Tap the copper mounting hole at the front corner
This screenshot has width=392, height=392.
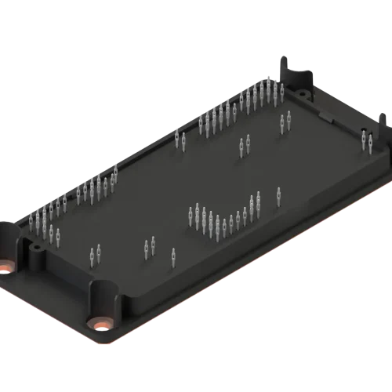pyautogui.click(x=101, y=322)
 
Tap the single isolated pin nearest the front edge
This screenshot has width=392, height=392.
pyautogui.click(x=173, y=256)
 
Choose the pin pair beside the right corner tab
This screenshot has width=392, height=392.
pyautogui.click(x=366, y=140)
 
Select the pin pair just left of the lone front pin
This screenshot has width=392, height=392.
pyautogui.click(x=150, y=246)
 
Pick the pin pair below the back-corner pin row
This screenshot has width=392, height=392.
pyautogui.click(x=285, y=121)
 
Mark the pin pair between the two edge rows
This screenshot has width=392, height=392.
pyautogui.click(x=180, y=140)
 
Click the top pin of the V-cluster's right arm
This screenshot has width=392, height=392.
pyautogui.click(x=258, y=200)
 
